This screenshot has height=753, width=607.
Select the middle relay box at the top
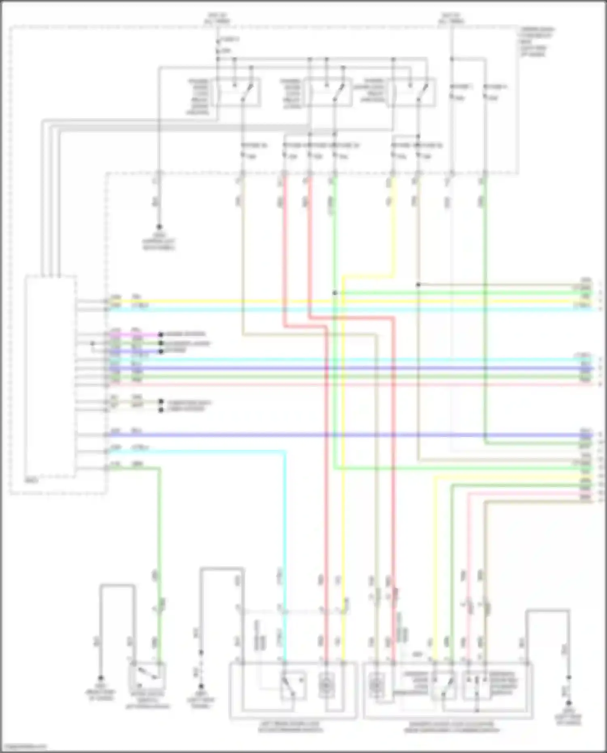329,93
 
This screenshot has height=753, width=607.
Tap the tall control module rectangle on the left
51,376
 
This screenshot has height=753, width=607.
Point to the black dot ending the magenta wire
161,335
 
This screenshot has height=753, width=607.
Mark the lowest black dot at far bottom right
569,704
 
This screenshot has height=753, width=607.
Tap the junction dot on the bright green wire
335,293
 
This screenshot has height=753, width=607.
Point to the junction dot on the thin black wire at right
418,285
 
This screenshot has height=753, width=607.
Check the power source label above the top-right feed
451,18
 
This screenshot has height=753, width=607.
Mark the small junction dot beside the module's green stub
93,344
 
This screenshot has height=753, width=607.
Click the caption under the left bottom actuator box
291,727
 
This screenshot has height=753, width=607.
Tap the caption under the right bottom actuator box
451,727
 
